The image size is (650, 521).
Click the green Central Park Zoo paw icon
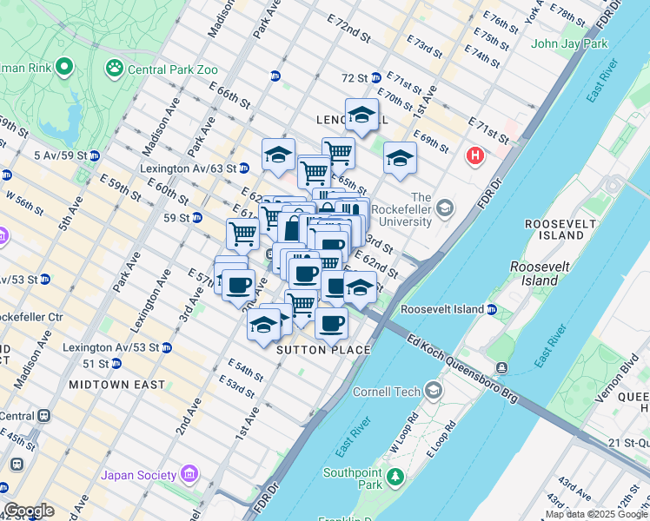click(114, 67)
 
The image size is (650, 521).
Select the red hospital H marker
click(474, 156)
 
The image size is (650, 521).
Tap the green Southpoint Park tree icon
click(396, 478)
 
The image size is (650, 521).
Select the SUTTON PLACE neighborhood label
click(323, 350)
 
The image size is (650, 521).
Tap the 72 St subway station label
click(355, 78)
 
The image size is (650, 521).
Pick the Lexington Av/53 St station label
click(110, 347)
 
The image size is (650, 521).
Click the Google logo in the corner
click(29, 511)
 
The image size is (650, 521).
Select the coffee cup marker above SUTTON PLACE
click(331, 323)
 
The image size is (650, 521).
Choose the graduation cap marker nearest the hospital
click(400, 158)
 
